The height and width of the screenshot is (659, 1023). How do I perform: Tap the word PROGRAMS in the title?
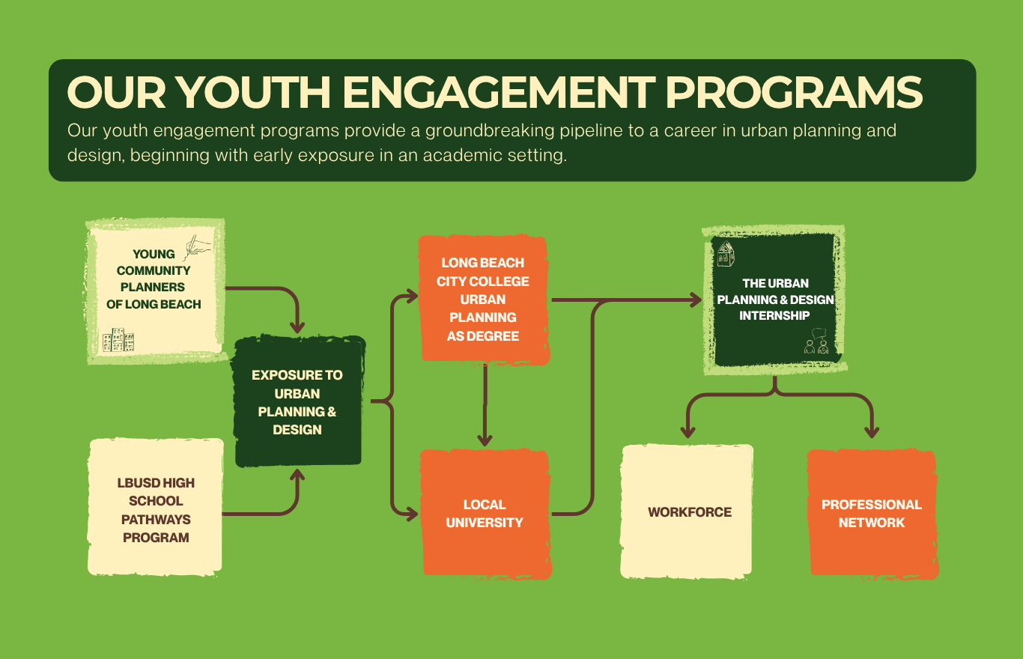point(794,93)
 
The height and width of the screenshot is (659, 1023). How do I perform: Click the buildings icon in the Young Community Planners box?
point(118,340)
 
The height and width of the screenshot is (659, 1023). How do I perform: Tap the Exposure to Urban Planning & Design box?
point(298,402)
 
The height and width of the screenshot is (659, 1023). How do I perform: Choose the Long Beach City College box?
point(483,300)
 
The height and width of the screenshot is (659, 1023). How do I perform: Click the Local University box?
point(485,514)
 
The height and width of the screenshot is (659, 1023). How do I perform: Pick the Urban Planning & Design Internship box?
point(775,300)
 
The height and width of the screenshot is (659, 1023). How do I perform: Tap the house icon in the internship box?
point(725,255)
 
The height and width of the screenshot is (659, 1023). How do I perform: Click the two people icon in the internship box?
point(816,345)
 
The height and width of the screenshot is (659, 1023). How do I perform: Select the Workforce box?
point(688,512)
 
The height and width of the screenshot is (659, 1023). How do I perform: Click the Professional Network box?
point(872,514)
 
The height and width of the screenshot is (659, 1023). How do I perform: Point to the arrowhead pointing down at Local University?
point(486,440)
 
